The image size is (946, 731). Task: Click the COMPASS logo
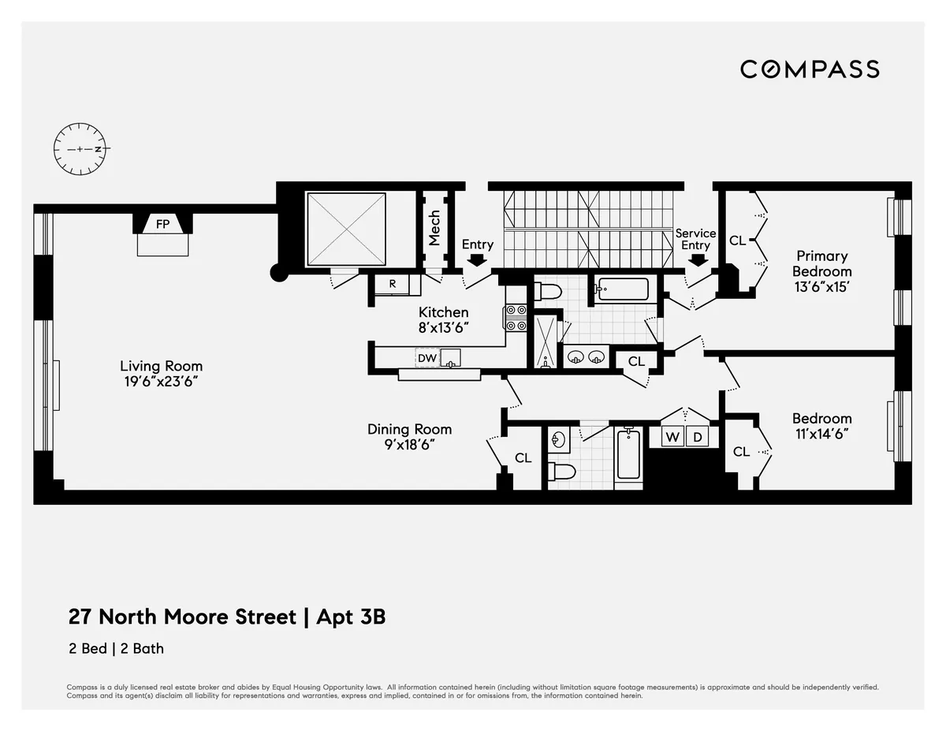point(810,69)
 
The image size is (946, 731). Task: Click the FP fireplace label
point(162,224)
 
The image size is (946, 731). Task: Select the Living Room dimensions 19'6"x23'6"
point(161,381)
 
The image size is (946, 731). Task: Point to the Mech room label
point(434,228)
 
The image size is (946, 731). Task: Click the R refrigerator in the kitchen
point(392,284)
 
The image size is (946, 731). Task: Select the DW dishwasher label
point(426,358)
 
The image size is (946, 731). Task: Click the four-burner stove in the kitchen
point(516,318)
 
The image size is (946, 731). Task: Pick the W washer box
point(672,437)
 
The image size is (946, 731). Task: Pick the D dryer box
point(697,437)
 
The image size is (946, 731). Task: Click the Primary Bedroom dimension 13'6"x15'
point(821,287)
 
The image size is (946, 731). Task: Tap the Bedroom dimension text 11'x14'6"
point(821,434)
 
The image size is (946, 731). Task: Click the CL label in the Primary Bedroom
point(737,241)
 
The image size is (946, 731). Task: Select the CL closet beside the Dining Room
point(523,457)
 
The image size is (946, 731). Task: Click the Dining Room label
point(409,429)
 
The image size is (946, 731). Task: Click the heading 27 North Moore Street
point(181,617)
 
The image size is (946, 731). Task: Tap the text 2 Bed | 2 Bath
point(116,649)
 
